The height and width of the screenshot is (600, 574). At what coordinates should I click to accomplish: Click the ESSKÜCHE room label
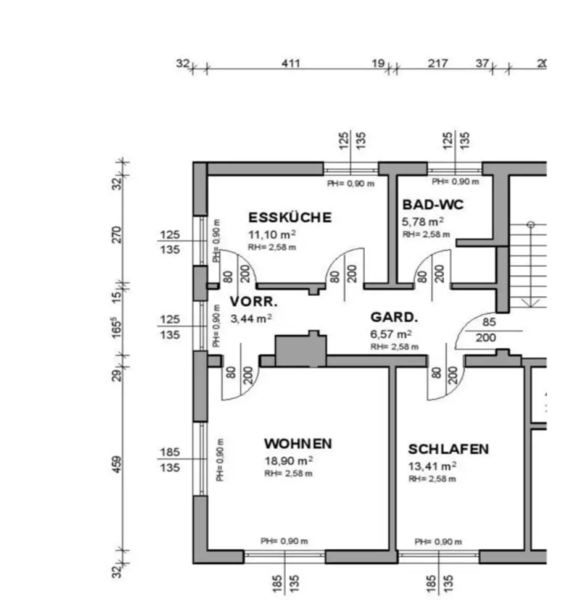click(289, 217)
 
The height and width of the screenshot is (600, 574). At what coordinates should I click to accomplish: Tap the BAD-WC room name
click(433, 205)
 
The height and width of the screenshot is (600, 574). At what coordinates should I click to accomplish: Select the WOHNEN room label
click(297, 444)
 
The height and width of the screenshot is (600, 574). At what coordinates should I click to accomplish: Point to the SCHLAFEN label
click(448, 449)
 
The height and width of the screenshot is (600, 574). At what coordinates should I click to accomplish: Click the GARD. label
click(394, 318)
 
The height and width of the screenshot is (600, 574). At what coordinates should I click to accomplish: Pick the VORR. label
click(254, 302)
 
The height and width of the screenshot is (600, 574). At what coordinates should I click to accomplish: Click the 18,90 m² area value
click(288, 460)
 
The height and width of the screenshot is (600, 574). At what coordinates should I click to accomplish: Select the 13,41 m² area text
click(432, 466)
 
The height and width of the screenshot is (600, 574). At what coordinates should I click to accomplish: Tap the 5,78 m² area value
click(423, 221)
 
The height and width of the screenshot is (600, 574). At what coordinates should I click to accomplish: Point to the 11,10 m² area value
click(272, 234)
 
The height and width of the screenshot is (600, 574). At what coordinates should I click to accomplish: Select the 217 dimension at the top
click(438, 63)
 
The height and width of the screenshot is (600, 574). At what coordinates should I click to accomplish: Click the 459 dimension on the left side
click(118, 464)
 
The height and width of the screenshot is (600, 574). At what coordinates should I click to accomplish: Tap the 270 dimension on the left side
click(118, 235)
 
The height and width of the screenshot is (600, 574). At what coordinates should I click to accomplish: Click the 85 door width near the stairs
click(489, 322)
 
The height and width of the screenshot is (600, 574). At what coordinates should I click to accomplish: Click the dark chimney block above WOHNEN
click(301, 351)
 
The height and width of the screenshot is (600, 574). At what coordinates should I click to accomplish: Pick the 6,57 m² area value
click(391, 335)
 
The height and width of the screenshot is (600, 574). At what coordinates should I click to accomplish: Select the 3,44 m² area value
click(251, 319)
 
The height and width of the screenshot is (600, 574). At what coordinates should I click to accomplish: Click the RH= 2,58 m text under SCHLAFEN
click(431, 478)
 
